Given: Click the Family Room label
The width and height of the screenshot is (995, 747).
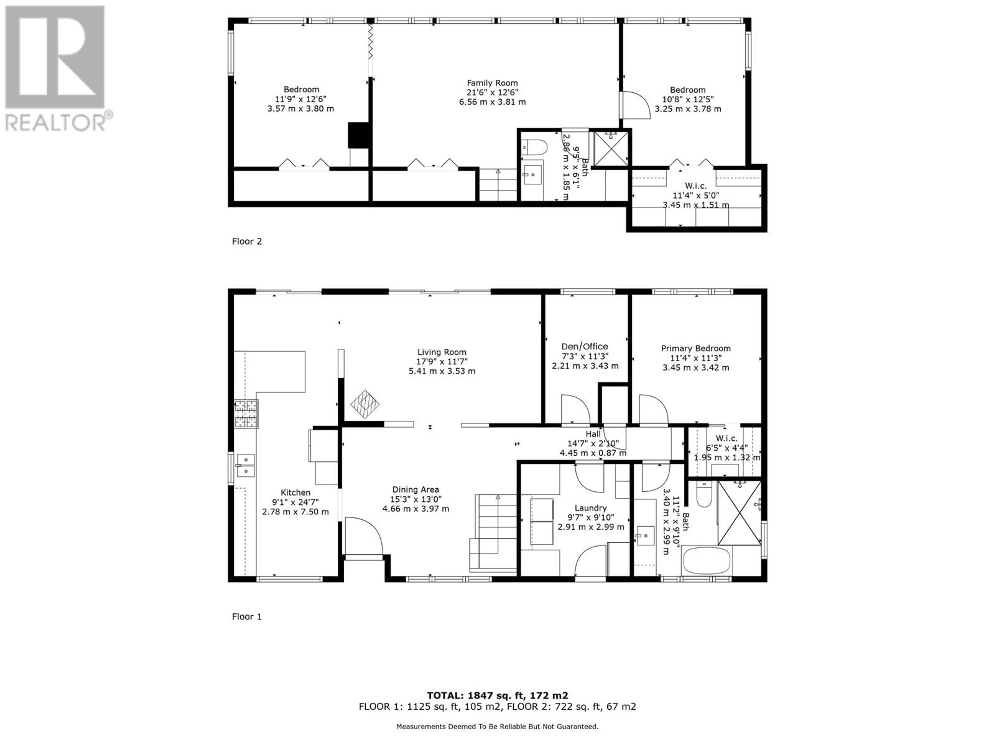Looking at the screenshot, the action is click(x=492, y=83).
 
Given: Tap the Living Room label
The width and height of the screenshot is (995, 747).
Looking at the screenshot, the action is click(x=442, y=352).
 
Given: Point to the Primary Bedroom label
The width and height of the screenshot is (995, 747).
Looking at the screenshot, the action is click(x=696, y=348).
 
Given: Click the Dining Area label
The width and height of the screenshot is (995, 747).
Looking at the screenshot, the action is click(x=416, y=489).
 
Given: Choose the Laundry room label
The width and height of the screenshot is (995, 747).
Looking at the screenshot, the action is click(x=591, y=508).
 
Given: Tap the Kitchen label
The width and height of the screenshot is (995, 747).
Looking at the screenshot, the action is click(x=296, y=493).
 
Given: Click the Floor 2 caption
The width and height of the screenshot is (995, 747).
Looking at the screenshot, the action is click(x=247, y=241).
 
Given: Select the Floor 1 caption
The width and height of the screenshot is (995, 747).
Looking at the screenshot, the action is click(x=247, y=617).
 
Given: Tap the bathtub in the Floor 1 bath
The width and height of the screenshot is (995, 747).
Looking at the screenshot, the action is click(x=706, y=560).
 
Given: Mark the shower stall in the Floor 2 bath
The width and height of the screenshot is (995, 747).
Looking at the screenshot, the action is click(x=611, y=148).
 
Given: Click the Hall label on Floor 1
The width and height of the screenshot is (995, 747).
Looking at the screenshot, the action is click(x=593, y=434).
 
